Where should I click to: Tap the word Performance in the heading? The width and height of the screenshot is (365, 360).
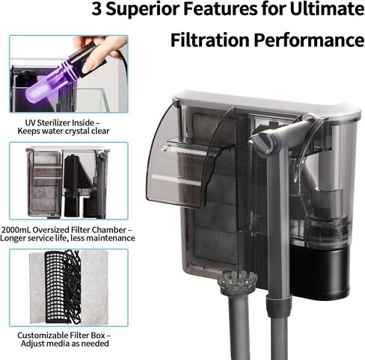click(309, 40)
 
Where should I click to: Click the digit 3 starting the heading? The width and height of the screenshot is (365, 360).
click(96, 9)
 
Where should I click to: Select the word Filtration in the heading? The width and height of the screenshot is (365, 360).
click(210, 40)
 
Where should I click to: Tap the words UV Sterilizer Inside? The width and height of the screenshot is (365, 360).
click(61, 122)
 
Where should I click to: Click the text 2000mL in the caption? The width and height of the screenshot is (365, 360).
click(16, 229)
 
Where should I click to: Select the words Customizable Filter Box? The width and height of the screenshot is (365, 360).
click(61, 335)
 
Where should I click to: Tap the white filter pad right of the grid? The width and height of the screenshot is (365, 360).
click(94, 287)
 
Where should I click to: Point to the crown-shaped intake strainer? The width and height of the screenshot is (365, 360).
click(237, 282)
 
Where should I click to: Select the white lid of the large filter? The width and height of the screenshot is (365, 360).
click(267, 102)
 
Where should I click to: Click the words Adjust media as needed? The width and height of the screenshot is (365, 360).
click(65, 344)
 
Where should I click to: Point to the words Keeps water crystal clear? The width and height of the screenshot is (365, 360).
click(64, 131)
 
